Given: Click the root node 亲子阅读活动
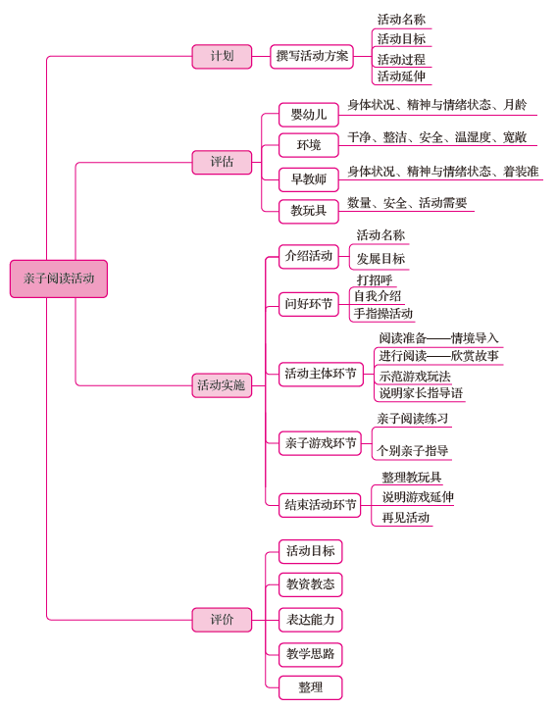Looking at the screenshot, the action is (59, 279).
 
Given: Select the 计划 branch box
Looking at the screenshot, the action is (222, 57).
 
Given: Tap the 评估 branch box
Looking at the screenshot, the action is (222, 162).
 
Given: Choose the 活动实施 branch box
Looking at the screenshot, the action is (222, 385).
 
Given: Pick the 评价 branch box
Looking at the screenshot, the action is (222, 620).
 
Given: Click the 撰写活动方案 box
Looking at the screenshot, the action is (312, 57).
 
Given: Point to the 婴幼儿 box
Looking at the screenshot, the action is (308, 115).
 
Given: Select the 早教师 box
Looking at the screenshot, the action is (308, 180).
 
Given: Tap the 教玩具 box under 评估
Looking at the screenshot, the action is (308, 211).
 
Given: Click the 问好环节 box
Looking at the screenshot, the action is (308, 304).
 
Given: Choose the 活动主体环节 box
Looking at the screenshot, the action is (321, 375).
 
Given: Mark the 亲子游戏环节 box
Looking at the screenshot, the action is (320, 443).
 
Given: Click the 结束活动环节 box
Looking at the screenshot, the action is (320, 505).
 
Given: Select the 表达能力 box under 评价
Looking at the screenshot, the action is (310, 620).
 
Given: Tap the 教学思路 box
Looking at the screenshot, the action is (310, 654).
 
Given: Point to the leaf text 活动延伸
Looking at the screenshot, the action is (401, 76).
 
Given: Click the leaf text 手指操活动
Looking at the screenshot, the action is (382, 314).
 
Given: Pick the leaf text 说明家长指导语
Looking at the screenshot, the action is (421, 393).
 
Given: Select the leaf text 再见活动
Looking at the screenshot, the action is (406, 517).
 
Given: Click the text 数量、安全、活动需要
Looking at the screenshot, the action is (407, 203).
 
